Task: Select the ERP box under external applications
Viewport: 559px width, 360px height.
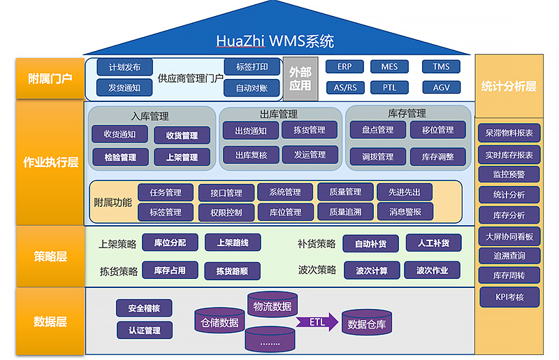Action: click(x=344, y=67)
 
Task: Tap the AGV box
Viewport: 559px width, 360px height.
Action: click(x=441, y=88)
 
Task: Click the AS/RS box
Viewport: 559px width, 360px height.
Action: click(x=344, y=88)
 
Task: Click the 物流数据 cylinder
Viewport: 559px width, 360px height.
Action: click(x=272, y=305)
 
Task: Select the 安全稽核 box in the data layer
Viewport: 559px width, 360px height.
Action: click(x=144, y=308)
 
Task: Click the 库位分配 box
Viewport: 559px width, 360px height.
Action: click(x=170, y=243)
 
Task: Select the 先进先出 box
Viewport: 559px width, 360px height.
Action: click(x=404, y=192)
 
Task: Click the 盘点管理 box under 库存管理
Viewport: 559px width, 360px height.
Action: click(x=377, y=130)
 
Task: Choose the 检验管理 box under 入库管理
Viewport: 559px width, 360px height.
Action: click(x=120, y=157)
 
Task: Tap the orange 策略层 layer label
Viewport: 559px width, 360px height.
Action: click(x=50, y=257)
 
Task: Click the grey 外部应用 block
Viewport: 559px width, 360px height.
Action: click(x=300, y=78)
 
